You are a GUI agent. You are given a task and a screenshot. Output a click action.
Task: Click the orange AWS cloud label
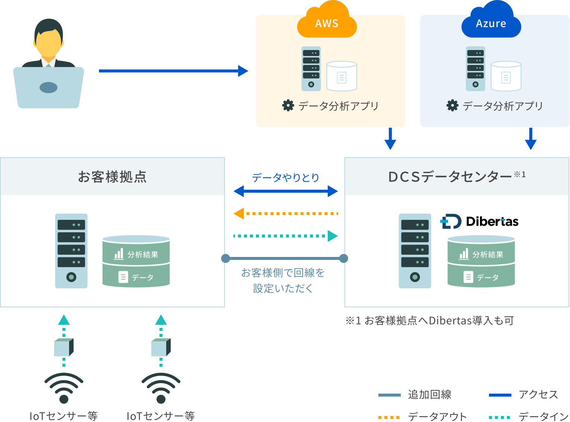click(327, 24)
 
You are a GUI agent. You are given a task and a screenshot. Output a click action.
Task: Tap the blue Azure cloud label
click(491, 24)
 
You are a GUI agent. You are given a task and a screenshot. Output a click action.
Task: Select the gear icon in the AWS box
click(288, 106)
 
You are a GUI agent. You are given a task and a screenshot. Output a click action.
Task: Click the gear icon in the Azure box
click(452, 106)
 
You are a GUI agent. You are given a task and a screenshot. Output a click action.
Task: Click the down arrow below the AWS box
click(390, 139)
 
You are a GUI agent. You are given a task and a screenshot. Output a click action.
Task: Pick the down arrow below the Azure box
click(530, 139)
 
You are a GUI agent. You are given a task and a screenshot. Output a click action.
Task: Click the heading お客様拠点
click(112, 177)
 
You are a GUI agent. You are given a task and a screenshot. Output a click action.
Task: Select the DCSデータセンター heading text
click(450, 177)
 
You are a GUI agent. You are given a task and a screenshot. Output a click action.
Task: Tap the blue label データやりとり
click(286, 177)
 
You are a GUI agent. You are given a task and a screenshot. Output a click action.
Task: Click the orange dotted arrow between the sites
click(286, 214)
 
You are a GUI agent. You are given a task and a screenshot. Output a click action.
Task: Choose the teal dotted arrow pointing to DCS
click(286, 236)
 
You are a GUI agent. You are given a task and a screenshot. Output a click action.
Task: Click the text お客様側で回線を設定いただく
click(283, 280)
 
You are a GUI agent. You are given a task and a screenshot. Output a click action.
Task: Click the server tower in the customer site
click(71, 251)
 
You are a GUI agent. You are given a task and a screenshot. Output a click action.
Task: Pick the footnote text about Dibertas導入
click(430, 320)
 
